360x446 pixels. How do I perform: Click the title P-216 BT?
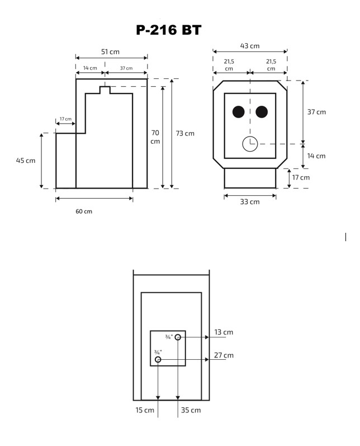168,30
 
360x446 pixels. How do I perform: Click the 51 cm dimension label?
110,51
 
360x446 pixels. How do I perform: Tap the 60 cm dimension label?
84,211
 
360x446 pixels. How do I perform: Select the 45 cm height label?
25,161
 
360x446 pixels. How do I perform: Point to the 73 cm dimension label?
185,133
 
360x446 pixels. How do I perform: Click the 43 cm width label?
250,45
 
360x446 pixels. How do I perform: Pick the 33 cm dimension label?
250,202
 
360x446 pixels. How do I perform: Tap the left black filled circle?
238,112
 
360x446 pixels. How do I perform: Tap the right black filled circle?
262,112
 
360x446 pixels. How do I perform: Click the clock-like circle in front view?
249,144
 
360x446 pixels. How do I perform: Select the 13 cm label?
224,332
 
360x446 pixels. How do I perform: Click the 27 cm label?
224,355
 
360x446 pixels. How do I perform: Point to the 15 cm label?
145,410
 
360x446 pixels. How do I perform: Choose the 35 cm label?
191,410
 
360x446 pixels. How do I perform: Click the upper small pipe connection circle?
178,337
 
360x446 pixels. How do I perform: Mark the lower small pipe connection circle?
158,359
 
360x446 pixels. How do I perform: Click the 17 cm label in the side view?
65,119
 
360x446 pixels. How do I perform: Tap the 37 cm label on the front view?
316,112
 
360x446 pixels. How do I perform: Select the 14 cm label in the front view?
316,156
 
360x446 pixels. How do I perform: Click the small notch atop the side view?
105,90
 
